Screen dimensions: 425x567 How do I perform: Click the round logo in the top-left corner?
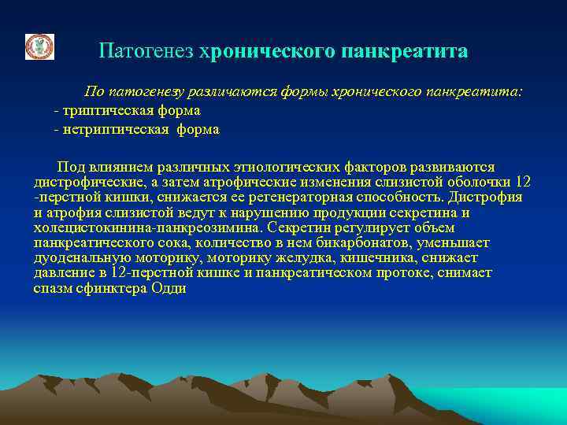[39, 47]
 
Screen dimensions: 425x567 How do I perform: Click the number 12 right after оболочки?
[533, 182]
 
